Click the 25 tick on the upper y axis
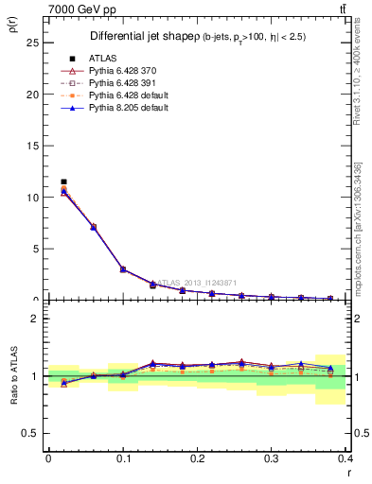(35, 43)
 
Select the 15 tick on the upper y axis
(35, 146)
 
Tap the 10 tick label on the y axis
(35, 198)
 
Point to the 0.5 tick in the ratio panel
(33, 433)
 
